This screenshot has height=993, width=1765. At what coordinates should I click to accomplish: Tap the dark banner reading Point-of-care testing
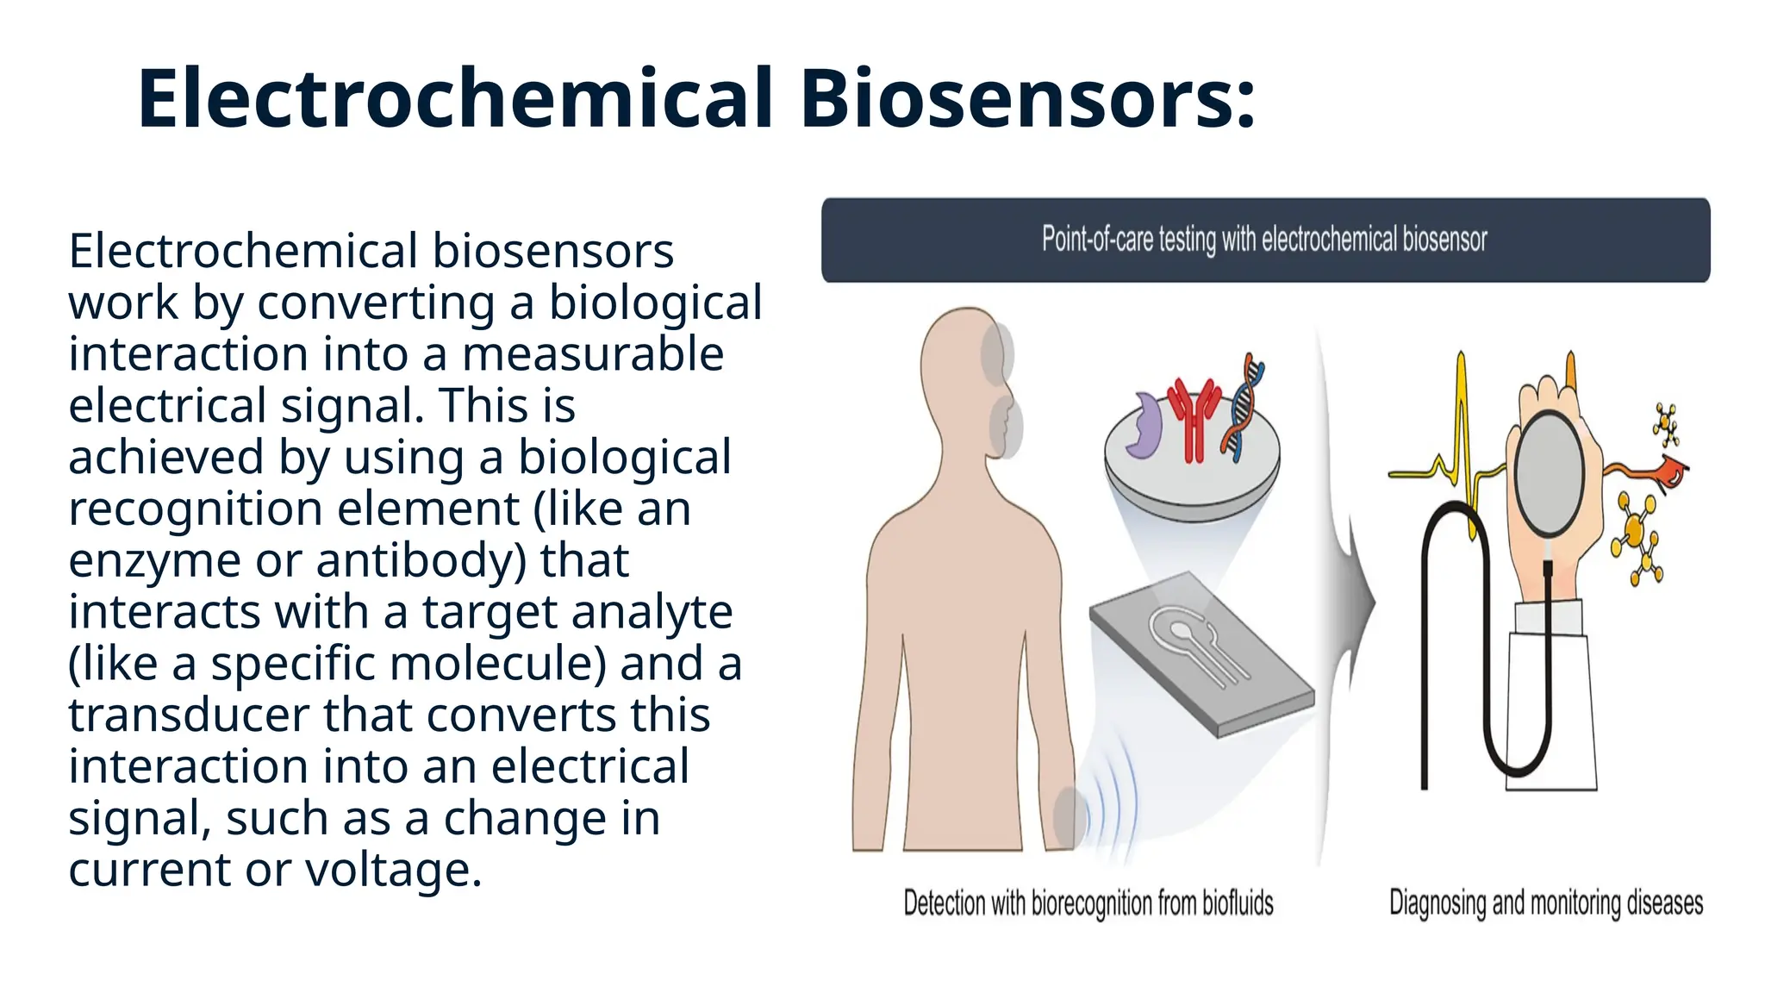pos(1265,240)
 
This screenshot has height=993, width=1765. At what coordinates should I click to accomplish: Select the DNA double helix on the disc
pos(1245,405)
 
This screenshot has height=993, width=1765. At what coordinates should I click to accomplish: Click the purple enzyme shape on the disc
pos(1144,427)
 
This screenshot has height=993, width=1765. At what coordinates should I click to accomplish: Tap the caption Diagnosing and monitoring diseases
pos(1546,902)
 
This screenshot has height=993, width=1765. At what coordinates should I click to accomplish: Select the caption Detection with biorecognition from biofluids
pos(1088,902)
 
